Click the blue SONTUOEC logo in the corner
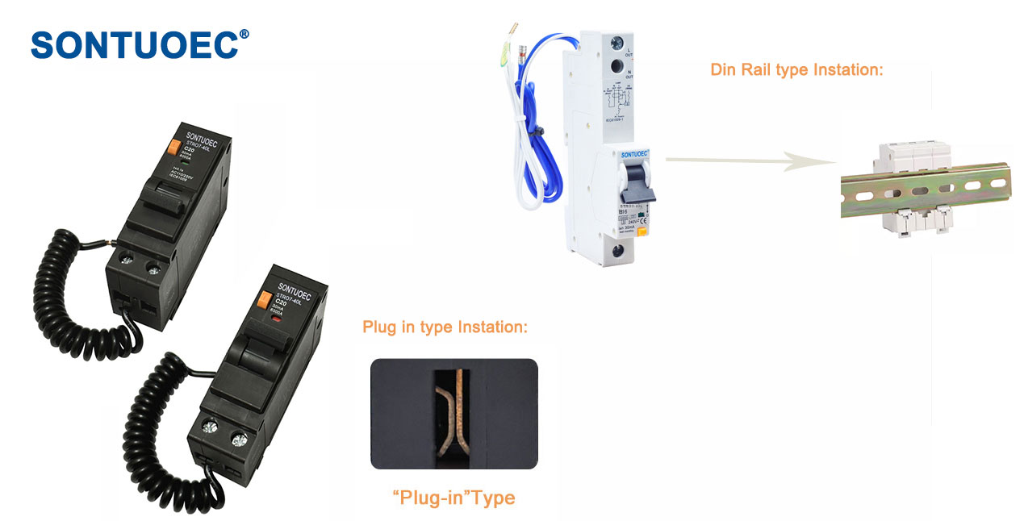134,45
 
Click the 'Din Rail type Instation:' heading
796,69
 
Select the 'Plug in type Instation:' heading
445,327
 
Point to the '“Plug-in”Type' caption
453,498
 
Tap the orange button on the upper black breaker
172,148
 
